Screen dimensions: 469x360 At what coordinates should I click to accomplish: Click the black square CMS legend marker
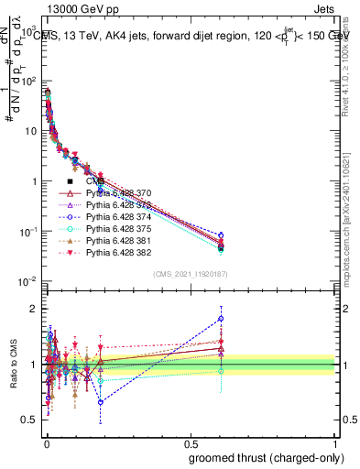[70, 181]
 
